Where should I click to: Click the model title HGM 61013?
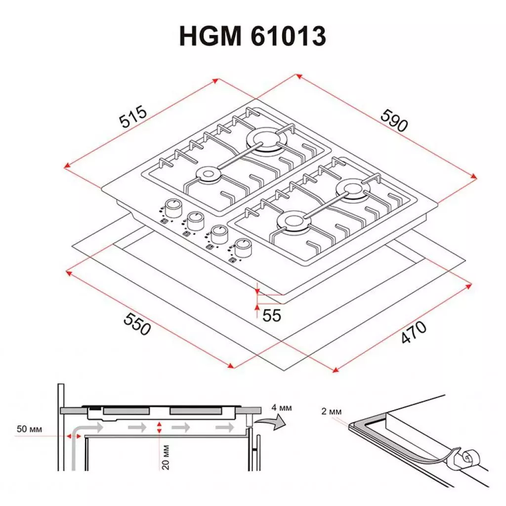[253, 37]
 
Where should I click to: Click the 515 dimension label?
[132, 117]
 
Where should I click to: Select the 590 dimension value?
[394, 120]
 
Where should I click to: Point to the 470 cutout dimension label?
[413, 332]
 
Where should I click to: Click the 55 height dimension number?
[272, 315]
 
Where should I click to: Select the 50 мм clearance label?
[30, 429]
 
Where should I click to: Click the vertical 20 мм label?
[167, 457]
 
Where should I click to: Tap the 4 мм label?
[282, 408]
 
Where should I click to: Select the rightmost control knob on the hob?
[243, 247]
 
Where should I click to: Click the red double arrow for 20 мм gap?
[159, 428]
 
